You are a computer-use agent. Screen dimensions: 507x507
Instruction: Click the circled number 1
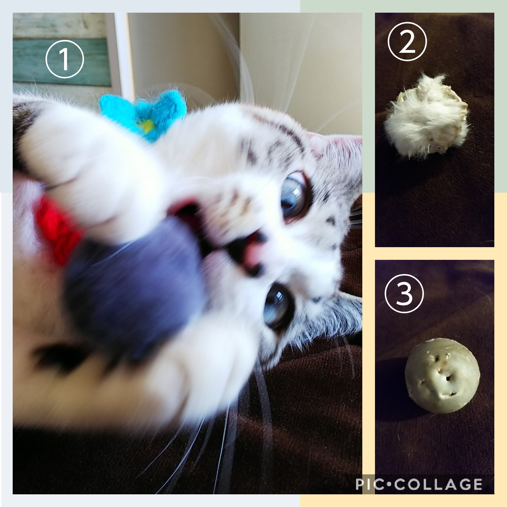65,59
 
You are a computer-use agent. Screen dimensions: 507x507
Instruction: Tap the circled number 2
407,42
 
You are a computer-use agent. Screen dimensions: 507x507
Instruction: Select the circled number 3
404,293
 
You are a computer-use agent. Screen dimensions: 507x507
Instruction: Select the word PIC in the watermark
370,484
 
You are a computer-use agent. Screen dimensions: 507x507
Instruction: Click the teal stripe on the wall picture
62,62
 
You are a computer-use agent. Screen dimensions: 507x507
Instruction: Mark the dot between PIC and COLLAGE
390,484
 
